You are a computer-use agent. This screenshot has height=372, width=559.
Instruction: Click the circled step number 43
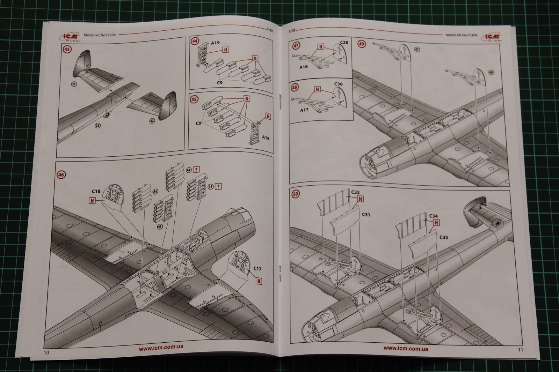[67, 49]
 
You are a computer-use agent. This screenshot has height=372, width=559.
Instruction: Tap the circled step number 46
[61, 174]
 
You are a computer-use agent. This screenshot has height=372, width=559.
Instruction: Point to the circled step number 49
[361, 44]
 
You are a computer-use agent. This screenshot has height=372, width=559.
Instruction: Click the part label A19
[215, 43]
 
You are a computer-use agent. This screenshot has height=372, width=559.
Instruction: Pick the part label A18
[265, 138]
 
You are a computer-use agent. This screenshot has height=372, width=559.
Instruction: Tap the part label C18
[96, 191]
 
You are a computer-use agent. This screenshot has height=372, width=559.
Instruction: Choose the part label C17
[257, 268]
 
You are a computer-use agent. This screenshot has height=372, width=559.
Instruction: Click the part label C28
[344, 43]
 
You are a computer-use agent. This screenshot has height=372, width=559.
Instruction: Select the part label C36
[338, 84]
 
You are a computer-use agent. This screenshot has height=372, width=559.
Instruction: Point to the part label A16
[304, 67]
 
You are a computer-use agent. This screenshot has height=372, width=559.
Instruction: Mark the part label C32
[355, 192]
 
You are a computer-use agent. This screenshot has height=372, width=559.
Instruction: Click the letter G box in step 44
[256, 58]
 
